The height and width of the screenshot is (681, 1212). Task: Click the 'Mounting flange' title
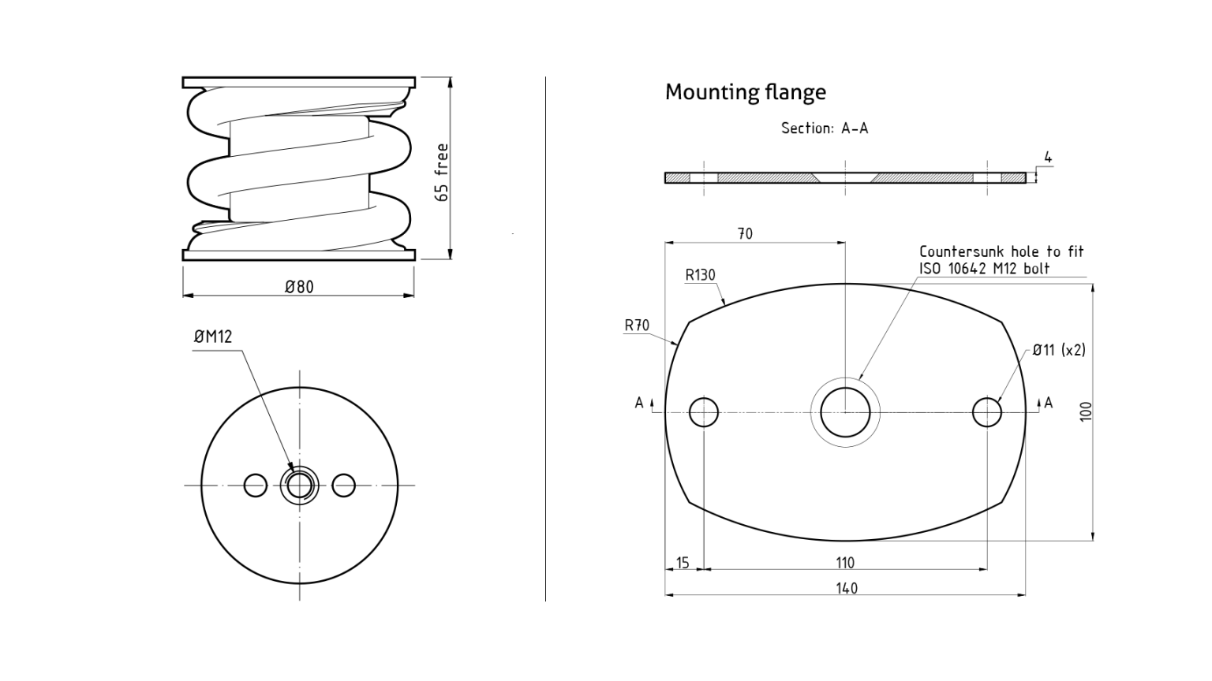745,92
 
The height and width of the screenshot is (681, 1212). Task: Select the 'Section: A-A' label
824,128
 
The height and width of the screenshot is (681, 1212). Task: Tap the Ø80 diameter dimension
299,287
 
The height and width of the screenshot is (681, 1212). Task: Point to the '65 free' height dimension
442,172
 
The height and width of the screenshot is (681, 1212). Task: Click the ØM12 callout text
213,337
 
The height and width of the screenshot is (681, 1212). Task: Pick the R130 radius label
700,275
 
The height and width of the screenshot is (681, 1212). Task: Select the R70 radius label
637,326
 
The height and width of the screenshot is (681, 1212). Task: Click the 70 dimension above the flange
745,233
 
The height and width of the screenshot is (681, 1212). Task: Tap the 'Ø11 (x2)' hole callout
1058,350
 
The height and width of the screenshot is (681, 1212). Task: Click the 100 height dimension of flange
1086,411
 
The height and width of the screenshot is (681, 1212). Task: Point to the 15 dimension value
683,563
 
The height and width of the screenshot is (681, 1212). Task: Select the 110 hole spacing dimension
844,563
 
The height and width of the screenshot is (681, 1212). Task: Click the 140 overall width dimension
846,588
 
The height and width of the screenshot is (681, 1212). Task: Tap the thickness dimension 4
1048,158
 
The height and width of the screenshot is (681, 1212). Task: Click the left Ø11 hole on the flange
704,412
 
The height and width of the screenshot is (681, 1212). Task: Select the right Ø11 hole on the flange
987,412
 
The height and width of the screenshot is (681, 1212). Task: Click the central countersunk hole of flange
845,412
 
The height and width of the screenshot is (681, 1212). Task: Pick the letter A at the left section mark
639,403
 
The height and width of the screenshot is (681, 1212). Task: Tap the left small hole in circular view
256,486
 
